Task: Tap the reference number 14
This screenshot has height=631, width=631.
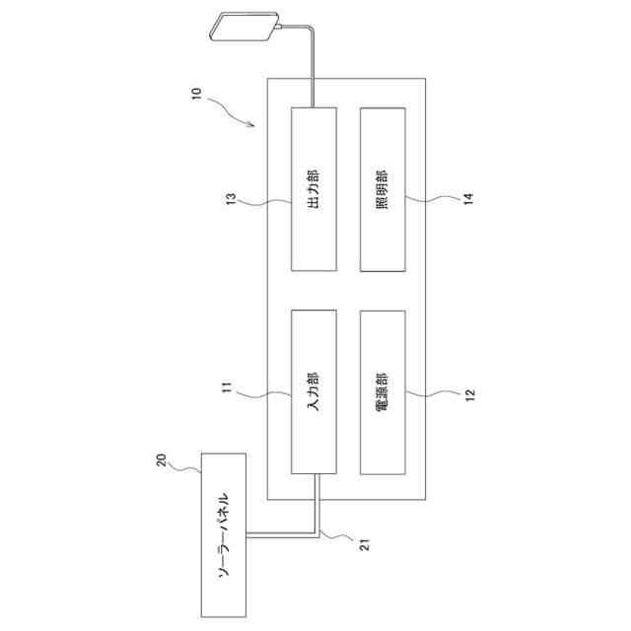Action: pyautogui.click(x=468, y=199)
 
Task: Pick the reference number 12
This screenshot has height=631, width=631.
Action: pyautogui.click(x=469, y=392)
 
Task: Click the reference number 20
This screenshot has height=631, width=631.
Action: pyautogui.click(x=163, y=458)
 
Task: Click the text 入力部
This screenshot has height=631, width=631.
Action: pyautogui.click(x=314, y=390)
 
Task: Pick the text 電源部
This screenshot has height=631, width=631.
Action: pyautogui.click(x=383, y=391)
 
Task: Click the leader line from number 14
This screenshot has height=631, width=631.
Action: pyautogui.click(x=434, y=201)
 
